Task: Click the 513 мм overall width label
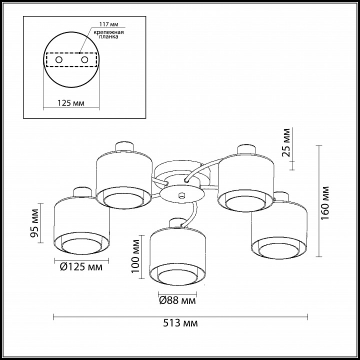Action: (x=180, y=323)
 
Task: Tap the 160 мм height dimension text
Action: (x=325, y=203)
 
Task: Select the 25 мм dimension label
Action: (x=286, y=142)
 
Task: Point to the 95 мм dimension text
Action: (x=34, y=223)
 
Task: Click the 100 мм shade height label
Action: (x=135, y=256)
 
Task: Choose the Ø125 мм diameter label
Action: (x=81, y=267)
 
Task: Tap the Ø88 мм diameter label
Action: (x=177, y=300)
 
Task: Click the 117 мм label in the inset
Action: (x=108, y=24)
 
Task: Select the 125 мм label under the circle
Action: (x=70, y=103)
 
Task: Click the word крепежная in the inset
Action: (x=108, y=32)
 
